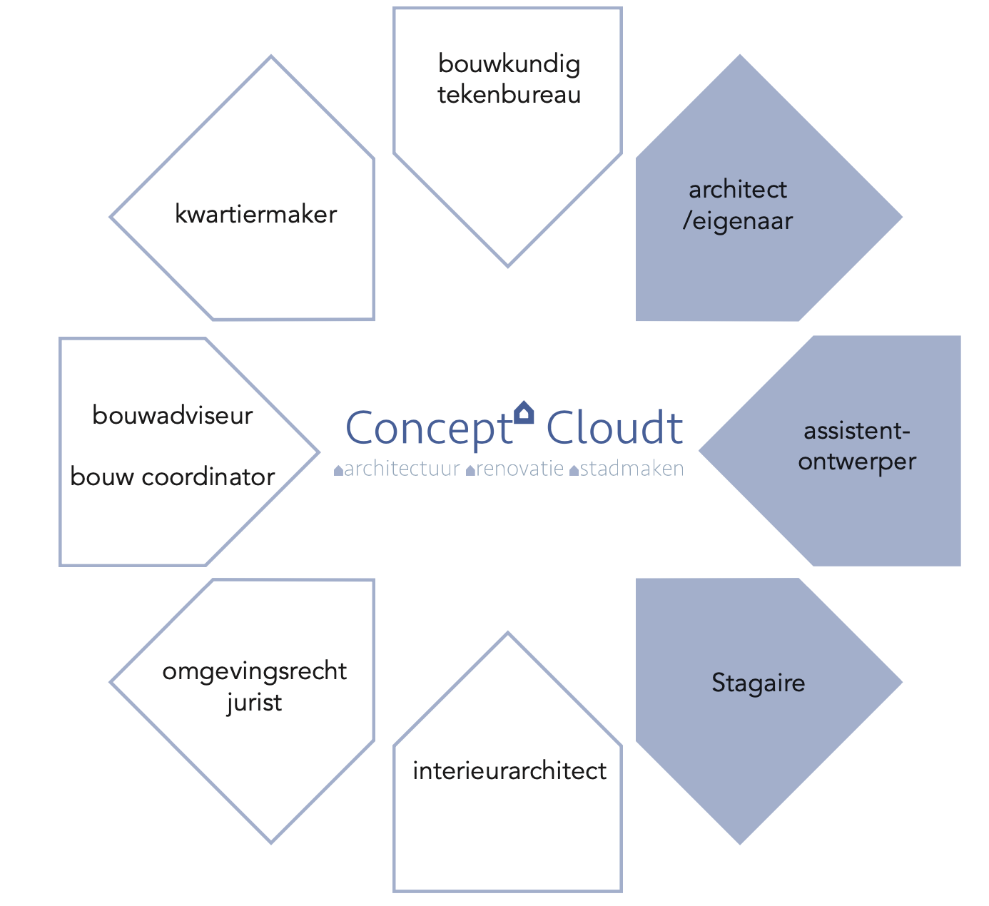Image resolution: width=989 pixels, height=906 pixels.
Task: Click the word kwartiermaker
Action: click(255, 214)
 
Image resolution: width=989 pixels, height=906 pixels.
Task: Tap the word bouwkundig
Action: click(509, 64)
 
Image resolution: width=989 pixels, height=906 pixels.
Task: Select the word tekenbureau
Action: click(509, 94)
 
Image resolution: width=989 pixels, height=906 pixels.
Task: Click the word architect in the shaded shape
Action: click(738, 189)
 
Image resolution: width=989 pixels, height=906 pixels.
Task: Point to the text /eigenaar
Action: click(738, 221)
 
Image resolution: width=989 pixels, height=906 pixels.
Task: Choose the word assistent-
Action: click(857, 431)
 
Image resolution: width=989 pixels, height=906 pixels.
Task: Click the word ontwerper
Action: click(857, 462)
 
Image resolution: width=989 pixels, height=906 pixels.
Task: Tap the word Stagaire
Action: click(758, 683)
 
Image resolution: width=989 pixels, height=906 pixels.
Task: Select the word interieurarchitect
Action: click(509, 770)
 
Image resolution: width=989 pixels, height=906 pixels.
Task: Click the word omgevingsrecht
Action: click(254, 671)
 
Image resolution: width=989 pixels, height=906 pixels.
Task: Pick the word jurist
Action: click(254, 703)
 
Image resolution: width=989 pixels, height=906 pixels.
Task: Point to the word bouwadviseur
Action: click(173, 415)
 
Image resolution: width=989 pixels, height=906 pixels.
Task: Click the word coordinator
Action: click(208, 477)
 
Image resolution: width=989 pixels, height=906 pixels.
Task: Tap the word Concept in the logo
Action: click(429, 428)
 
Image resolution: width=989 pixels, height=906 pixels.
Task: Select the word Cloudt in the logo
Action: click(614, 427)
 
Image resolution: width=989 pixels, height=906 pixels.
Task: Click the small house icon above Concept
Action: click(524, 412)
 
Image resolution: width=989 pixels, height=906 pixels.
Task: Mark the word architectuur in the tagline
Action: click(402, 469)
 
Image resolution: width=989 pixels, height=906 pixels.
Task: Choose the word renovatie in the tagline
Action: click(519, 469)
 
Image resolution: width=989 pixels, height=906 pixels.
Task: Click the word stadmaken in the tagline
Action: click(632, 469)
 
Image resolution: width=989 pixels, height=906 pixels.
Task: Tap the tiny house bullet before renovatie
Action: click(470, 471)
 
